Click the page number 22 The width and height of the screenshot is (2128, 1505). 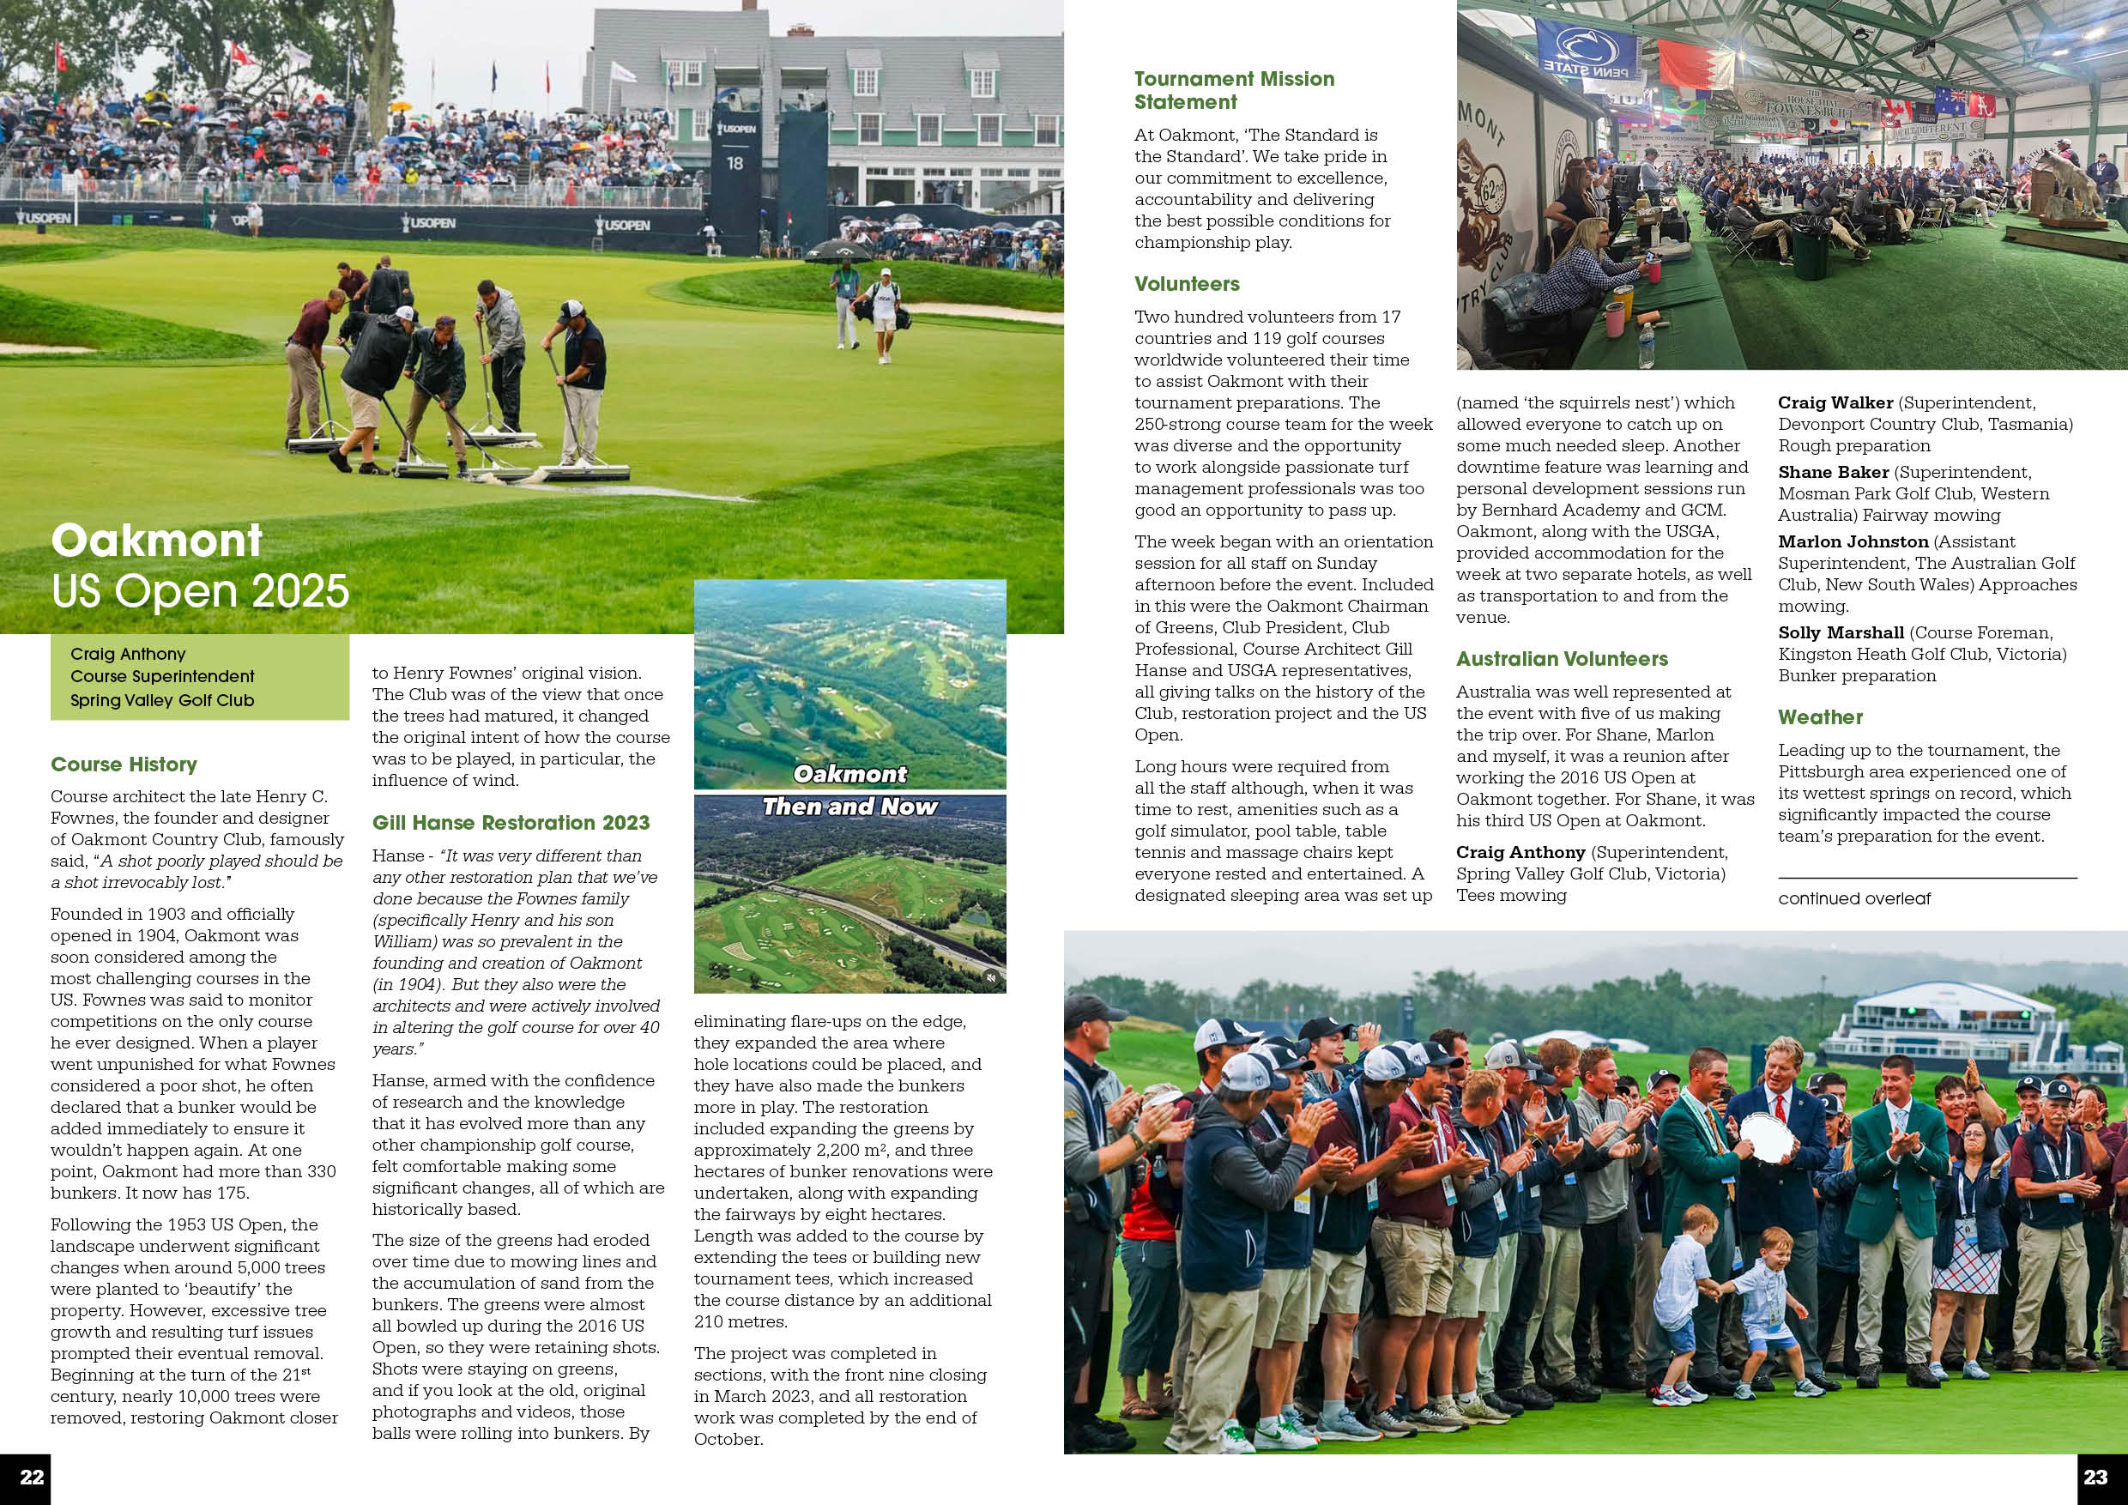coord(32,1478)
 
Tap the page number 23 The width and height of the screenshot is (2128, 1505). coord(2095,1478)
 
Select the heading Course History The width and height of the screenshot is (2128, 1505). coord(124,765)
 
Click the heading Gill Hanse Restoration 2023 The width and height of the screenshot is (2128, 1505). coord(511,823)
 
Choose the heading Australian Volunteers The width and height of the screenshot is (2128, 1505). coord(1562,659)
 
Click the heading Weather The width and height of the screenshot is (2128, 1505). coord(1819,717)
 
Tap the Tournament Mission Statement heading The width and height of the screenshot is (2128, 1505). coord(1234,91)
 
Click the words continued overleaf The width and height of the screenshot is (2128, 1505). coord(1853,899)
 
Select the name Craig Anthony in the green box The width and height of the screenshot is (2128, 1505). coord(128,655)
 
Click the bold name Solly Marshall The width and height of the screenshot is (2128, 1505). coord(1841,633)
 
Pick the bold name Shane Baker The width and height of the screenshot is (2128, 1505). coord(1832,473)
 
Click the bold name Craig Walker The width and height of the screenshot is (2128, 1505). coord(1835,403)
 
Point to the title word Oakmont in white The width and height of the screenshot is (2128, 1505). coord(157,541)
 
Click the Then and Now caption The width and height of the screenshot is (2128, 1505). coord(849,807)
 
